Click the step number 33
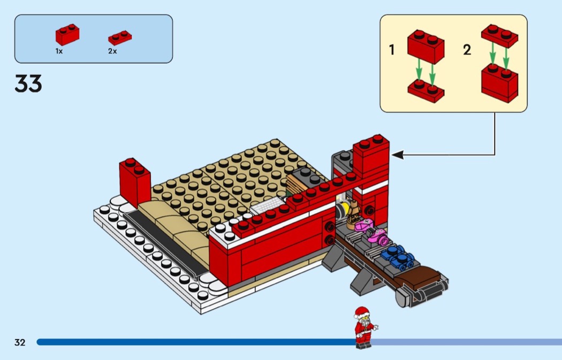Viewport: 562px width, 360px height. pyautogui.click(x=28, y=83)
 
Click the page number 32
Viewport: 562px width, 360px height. pyautogui.click(x=20, y=342)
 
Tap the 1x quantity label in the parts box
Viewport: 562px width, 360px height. pyautogui.click(x=59, y=51)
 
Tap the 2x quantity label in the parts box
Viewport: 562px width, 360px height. pyautogui.click(x=112, y=51)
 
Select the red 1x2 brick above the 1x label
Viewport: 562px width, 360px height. pyautogui.click(x=67, y=34)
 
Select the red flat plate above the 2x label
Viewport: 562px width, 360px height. pyautogui.click(x=120, y=37)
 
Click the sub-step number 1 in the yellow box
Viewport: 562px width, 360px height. pyautogui.click(x=392, y=50)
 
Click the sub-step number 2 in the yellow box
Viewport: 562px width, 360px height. pyautogui.click(x=467, y=50)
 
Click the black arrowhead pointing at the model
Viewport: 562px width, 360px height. pyautogui.click(x=398, y=155)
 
